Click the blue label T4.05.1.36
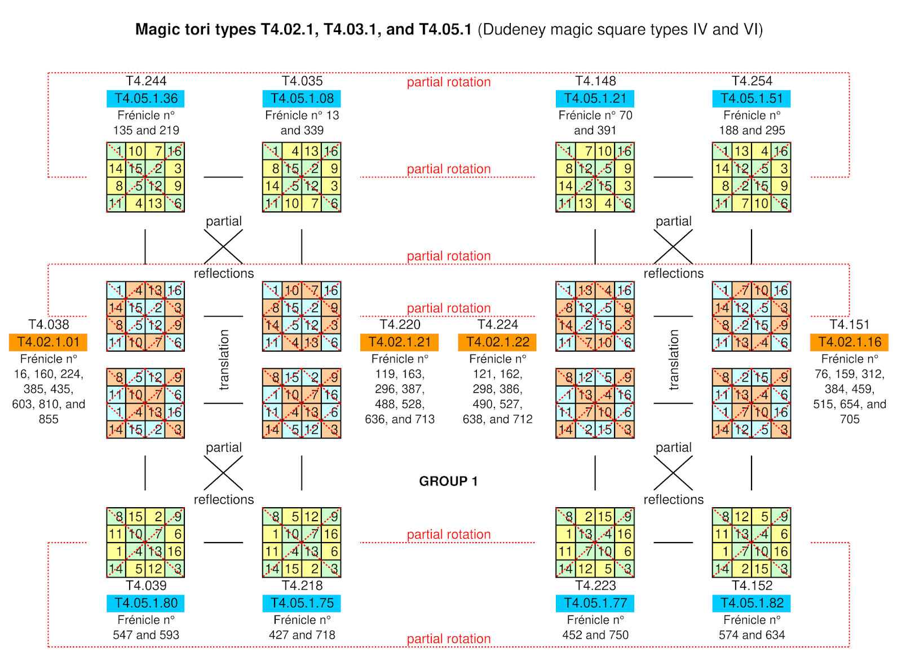click(145, 99)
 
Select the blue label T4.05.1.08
click(302, 99)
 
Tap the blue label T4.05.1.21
click(595, 99)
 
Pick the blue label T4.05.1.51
click(751, 99)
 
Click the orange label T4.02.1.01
click(48, 342)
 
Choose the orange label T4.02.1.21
click(399, 342)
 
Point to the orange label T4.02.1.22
click(497, 342)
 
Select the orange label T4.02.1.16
click(849, 342)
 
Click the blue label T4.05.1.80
click(145, 603)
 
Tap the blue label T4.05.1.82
click(751, 603)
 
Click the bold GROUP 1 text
click(448, 481)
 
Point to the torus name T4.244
click(146, 81)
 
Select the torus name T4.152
click(751, 586)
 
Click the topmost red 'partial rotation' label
click(449, 82)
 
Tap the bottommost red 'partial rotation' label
click(449, 639)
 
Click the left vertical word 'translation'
click(224, 360)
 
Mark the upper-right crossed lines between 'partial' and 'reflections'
click(673, 247)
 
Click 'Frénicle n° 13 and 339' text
click(302, 123)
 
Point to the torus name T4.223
click(595, 586)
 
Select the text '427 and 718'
click(302, 635)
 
